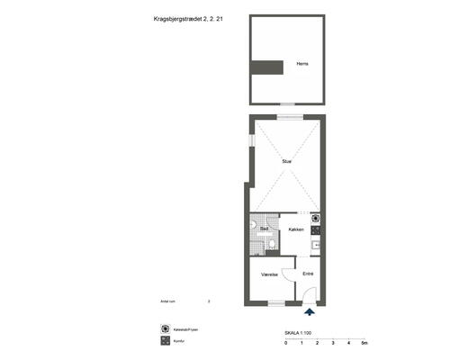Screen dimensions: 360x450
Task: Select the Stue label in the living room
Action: pyautogui.click(x=286, y=161)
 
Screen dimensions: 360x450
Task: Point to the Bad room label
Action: pyautogui.click(x=265, y=229)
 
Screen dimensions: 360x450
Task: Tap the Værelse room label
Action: pyautogui.click(x=268, y=273)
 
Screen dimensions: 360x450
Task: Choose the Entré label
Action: pyautogui.click(x=308, y=273)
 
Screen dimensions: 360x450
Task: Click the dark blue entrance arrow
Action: pyautogui.click(x=310, y=312)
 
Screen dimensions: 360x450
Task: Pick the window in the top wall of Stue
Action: pyautogui.click(x=287, y=117)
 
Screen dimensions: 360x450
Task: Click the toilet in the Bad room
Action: pyautogui.click(x=255, y=225)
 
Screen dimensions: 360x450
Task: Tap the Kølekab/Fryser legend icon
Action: pyautogui.click(x=164, y=329)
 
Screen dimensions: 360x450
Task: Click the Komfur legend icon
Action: pyautogui.click(x=164, y=342)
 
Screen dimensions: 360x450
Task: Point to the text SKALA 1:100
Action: pyautogui.click(x=298, y=334)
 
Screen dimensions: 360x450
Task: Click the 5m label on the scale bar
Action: pyautogui.click(x=364, y=344)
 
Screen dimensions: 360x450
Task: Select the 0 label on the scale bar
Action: pyautogui.click(x=285, y=344)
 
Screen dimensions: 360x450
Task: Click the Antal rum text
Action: pyautogui.click(x=166, y=302)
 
